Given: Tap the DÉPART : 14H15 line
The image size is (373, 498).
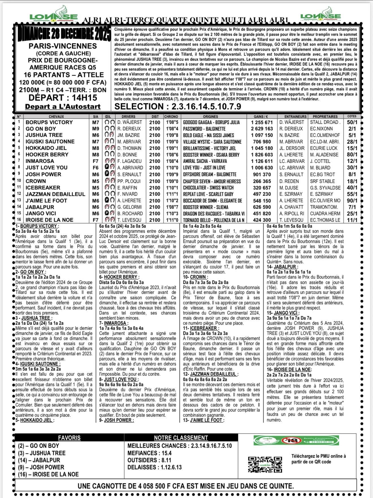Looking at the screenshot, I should [63, 98].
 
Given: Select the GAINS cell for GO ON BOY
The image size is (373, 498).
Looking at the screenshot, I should [262, 129].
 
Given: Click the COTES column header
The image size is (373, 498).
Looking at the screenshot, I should [352, 116].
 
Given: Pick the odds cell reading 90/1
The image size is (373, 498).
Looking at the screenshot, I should [352, 201].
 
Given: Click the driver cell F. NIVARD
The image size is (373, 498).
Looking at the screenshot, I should [127, 194].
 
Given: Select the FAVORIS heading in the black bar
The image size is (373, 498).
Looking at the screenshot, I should [69, 438].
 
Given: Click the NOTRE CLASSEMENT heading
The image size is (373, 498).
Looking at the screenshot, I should [181, 438].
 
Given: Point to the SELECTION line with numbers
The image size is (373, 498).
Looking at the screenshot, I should [178, 106].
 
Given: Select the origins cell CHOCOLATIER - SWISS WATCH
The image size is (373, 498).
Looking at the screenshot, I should [208, 188].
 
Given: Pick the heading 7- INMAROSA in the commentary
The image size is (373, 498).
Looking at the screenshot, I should [113, 323].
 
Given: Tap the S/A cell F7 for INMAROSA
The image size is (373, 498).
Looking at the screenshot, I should [96, 161].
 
